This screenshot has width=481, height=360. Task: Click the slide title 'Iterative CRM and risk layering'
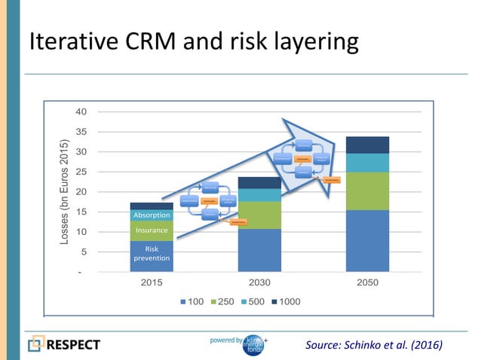193,42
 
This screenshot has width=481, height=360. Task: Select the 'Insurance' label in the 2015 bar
152,230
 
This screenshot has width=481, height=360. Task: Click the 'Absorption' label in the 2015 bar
152,215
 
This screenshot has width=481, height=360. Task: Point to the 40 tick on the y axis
80,112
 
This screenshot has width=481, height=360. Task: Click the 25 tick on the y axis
80,172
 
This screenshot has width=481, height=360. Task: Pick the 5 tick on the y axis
83,252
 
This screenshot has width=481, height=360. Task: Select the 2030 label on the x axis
259,283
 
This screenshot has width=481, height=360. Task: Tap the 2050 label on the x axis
367,283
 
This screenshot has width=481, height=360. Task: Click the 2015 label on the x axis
152,283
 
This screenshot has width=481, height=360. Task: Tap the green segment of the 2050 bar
367,191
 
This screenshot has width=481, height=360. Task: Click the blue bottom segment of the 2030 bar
259,250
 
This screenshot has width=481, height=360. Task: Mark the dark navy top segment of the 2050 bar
367,145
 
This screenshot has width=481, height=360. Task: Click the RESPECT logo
64,345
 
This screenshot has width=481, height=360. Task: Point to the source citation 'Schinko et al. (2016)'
374,345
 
